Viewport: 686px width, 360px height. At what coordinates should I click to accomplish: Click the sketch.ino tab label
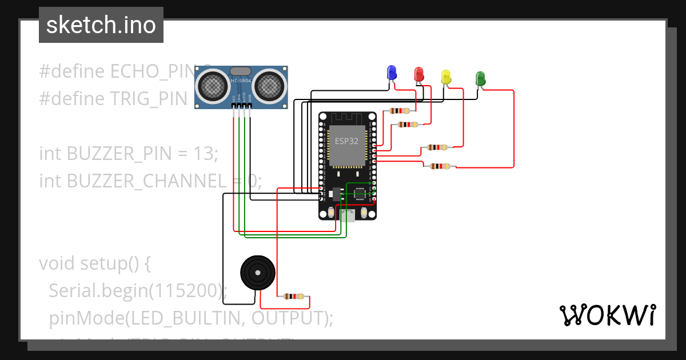[x=101, y=25]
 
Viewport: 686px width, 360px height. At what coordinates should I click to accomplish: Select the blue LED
[x=392, y=73]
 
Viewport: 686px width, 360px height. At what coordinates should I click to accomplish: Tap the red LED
[x=419, y=74]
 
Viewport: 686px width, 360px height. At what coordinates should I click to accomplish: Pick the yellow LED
[x=446, y=76]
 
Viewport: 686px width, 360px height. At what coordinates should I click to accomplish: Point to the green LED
[x=480, y=78]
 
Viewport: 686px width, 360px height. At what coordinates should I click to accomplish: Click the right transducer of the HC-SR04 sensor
[x=269, y=86]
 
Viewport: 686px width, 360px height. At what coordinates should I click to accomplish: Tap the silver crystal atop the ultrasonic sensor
[x=240, y=71]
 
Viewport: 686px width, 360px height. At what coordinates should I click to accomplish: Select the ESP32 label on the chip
[x=347, y=141]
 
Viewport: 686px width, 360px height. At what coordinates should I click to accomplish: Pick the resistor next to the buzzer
[x=293, y=296]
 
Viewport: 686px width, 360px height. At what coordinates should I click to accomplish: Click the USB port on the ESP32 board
[x=347, y=215]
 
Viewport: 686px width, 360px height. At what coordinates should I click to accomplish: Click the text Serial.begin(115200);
[x=138, y=291]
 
